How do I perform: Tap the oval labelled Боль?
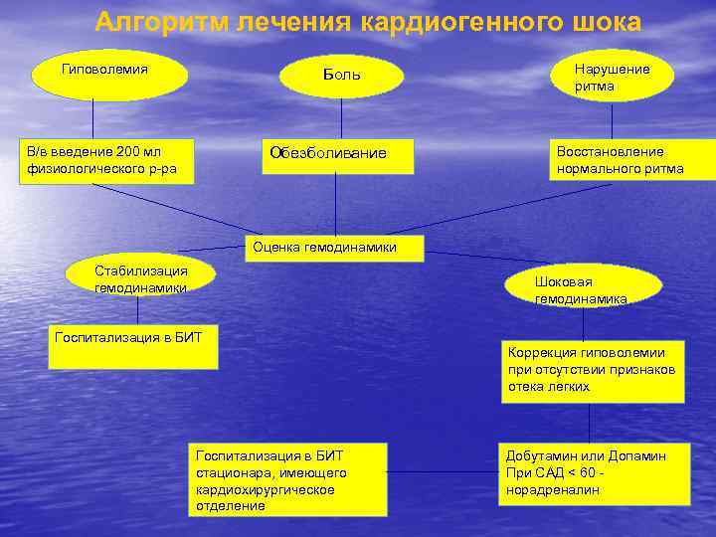(341, 76)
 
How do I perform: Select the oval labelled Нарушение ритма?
(612, 77)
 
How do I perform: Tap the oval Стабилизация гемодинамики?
(140, 276)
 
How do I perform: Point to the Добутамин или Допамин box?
(595, 473)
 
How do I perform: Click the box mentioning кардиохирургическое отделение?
(287, 479)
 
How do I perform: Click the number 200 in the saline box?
(128, 151)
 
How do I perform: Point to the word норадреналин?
(545, 489)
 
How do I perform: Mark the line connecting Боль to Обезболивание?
(341, 117)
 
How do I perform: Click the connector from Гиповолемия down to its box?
(93, 118)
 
